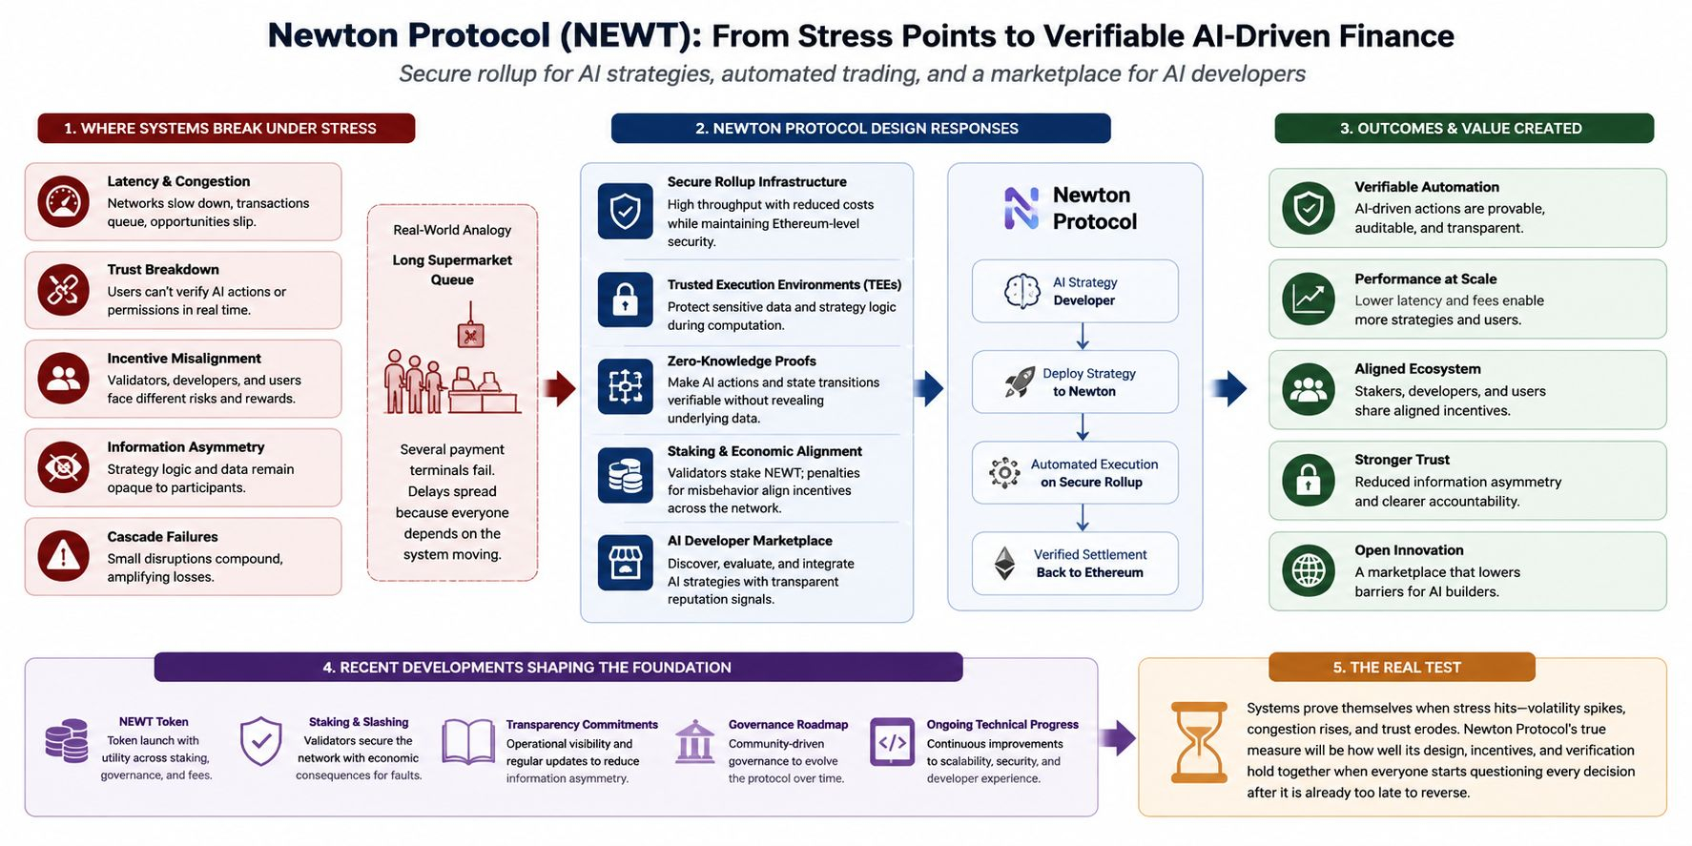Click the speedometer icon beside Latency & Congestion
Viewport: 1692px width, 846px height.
63,202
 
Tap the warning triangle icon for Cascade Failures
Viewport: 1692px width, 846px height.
63,556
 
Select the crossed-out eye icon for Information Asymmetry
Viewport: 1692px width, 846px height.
63,467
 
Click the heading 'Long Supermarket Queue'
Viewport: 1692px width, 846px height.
452,270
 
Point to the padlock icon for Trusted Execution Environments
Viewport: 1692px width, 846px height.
625,299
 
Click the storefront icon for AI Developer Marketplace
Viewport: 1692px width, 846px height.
625,563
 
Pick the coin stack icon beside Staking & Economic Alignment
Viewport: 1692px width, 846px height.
625,475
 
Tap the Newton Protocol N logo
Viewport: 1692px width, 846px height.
1021,208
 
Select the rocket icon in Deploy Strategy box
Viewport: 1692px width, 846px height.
1019,382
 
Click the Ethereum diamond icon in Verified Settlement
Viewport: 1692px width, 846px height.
1005,564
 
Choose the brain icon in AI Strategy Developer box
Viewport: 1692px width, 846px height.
1021,291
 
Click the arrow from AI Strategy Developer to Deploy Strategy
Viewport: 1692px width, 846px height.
1083,337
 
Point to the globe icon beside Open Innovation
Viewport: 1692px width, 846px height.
1308,570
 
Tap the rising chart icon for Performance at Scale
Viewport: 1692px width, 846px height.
1308,299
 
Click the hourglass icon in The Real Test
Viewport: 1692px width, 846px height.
1198,743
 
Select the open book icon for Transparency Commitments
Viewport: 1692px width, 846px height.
468,742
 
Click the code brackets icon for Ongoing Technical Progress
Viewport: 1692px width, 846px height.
892,742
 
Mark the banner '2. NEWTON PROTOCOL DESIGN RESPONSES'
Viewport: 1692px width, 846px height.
860,129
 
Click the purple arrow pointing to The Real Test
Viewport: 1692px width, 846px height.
1117,737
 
